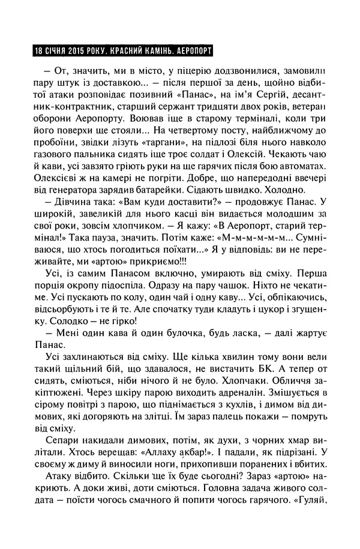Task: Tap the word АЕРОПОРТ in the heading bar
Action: [x=190, y=50]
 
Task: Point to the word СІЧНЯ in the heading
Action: [x=50, y=50]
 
